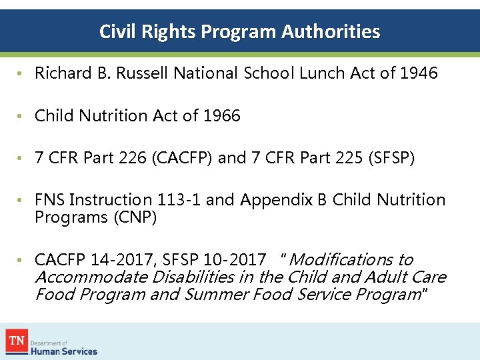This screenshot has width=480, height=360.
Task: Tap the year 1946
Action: tap(419, 73)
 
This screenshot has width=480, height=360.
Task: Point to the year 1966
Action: tap(221, 116)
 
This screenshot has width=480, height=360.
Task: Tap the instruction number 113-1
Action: tap(180, 200)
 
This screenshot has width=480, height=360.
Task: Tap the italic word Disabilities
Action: tap(193, 277)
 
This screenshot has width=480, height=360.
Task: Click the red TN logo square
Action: tap(17, 341)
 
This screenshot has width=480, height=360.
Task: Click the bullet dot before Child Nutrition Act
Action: tap(22, 117)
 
